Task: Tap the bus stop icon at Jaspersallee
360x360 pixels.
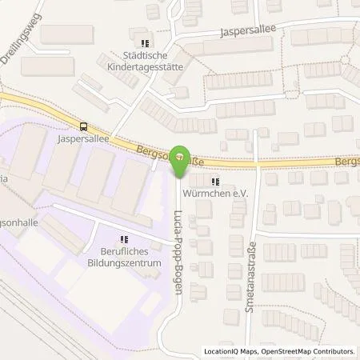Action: (x=83, y=126)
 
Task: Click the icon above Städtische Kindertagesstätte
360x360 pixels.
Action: (x=145, y=44)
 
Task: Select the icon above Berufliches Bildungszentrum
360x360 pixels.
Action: (x=123, y=238)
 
